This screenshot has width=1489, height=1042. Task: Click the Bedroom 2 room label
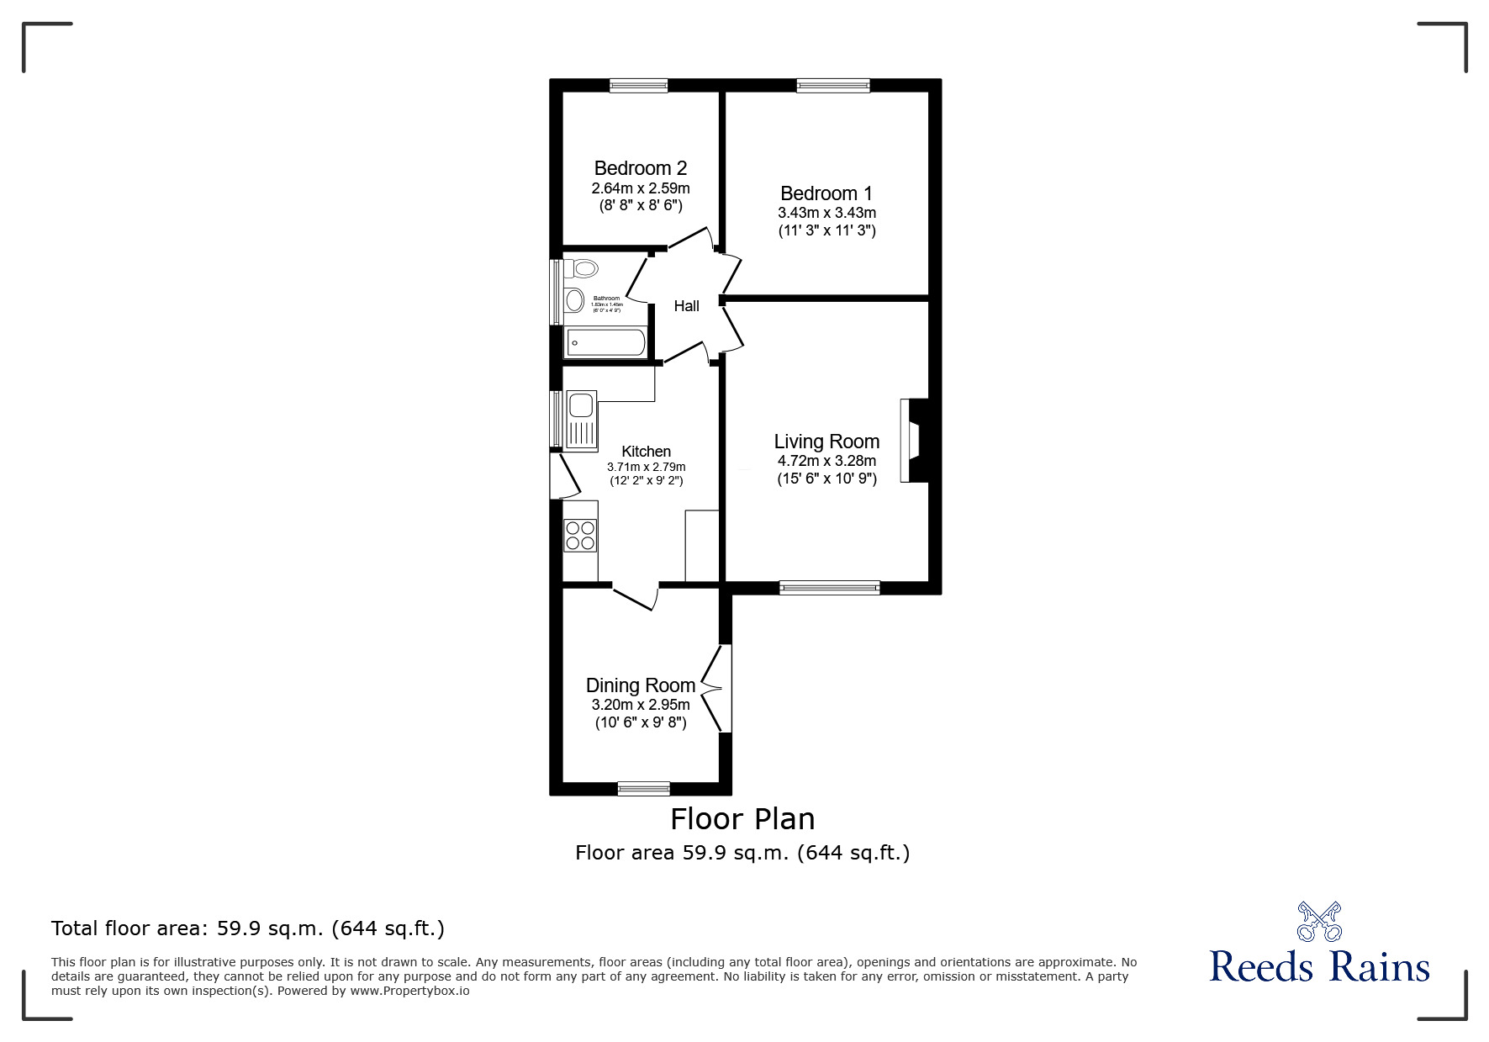coord(640,168)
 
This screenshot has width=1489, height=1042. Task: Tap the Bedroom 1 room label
coord(826,193)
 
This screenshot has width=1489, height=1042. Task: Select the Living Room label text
coord(826,442)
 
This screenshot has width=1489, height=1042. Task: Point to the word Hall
coord(686,306)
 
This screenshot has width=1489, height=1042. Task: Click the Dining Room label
coord(640,685)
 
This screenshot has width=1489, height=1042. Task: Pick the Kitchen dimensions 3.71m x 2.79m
coord(646,467)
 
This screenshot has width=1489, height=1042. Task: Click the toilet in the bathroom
coord(581,269)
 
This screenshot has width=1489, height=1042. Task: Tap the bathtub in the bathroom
coord(606,342)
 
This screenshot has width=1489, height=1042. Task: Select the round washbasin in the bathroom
coord(575,299)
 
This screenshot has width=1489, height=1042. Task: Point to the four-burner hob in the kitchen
coord(580,535)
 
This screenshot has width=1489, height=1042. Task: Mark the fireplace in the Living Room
coord(913,440)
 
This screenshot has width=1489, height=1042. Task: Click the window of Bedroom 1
coord(833,85)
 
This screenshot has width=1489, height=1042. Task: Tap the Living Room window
coord(829,588)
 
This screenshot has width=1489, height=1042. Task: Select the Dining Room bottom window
coord(643,788)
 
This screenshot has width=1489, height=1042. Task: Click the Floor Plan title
coord(742,818)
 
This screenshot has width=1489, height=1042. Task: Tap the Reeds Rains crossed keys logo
coord(1318,921)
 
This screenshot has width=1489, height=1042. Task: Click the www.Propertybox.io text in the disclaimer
coord(409,991)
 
